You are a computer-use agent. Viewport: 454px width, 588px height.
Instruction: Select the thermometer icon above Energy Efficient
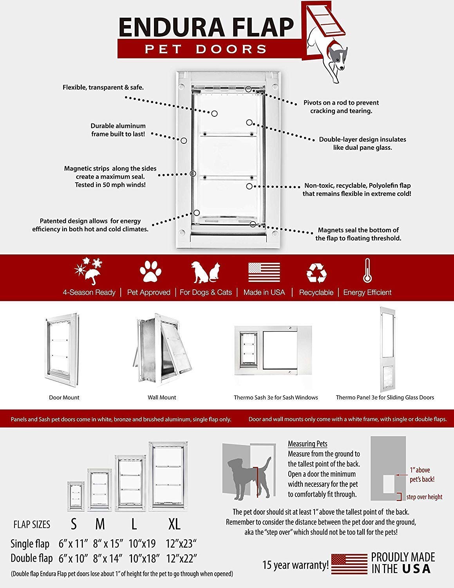click(x=367, y=270)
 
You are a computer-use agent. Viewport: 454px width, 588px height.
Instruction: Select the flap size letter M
click(x=100, y=524)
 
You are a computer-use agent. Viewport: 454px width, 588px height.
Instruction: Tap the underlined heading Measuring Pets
click(x=307, y=444)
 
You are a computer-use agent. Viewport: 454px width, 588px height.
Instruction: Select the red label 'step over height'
click(x=424, y=497)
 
